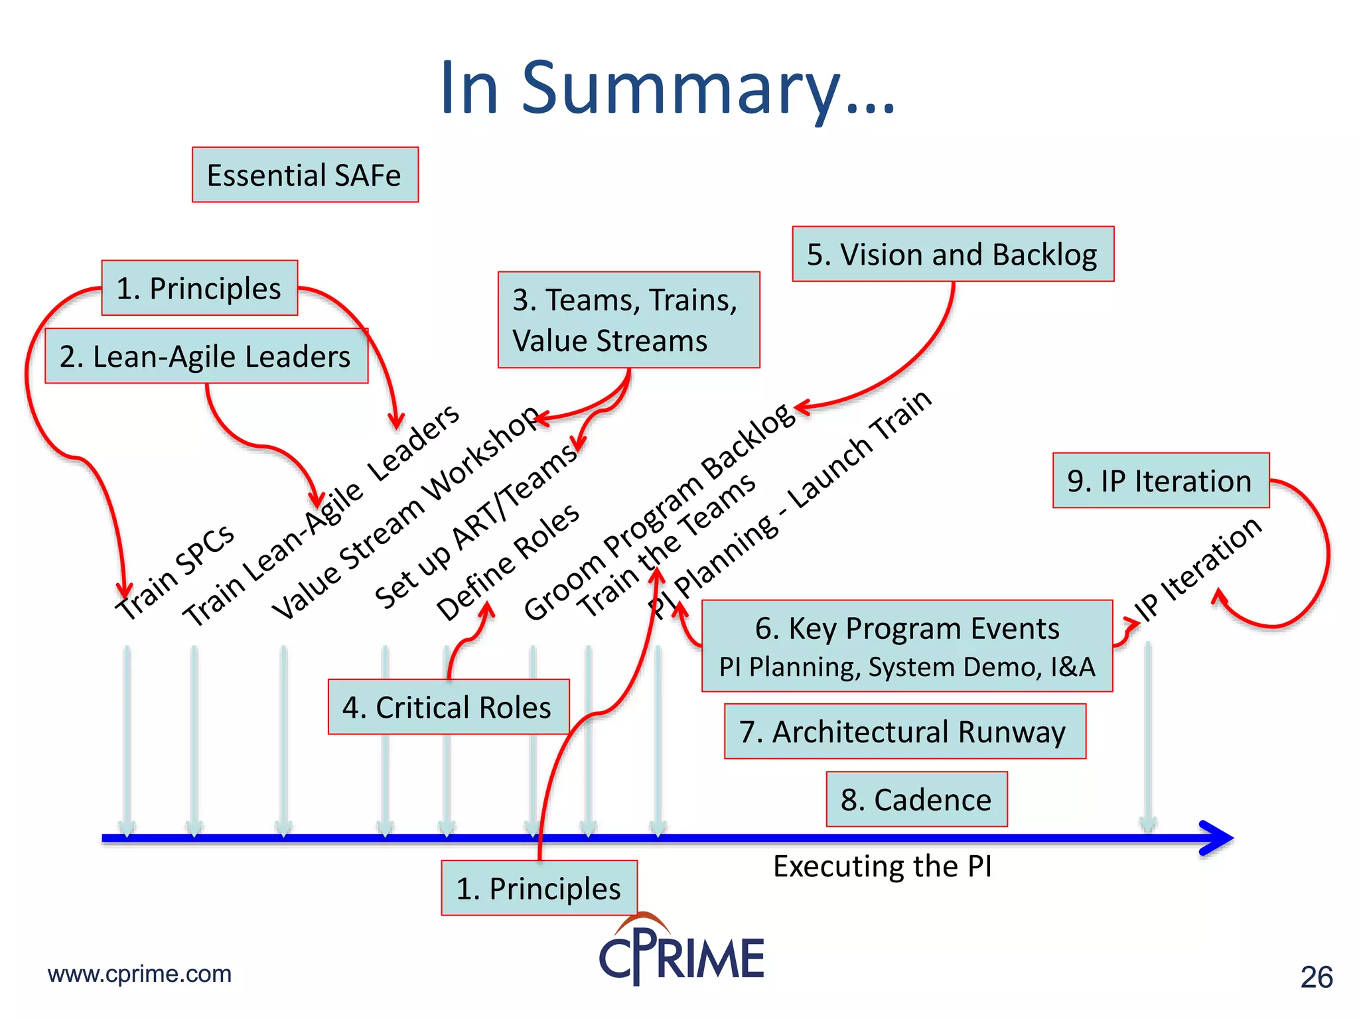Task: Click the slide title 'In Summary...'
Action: pyautogui.click(x=668, y=88)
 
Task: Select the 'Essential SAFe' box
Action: pyautogui.click(x=305, y=175)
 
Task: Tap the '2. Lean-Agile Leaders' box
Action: pyautogui.click(x=206, y=356)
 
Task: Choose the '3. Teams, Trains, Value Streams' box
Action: pyautogui.click(x=628, y=320)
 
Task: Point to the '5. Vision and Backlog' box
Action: pyautogui.click(x=952, y=255)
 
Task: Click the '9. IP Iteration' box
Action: pyautogui.click(x=1160, y=481)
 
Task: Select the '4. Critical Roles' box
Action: pyautogui.click(x=448, y=707)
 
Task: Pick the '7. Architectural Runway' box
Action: pyautogui.click(x=904, y=732)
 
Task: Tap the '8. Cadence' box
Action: pyautogui.click(x=916, y=799)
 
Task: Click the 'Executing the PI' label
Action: pyautogui.click(x=883, y=866)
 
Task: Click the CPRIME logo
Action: pyautogui.click(x=682, y=952)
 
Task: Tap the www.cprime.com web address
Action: pyautogui.click(x=139, y=974)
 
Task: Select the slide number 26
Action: pyautogui.click(x=1317, y=977)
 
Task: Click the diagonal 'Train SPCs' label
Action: pyautogui.click(x=175, y=572)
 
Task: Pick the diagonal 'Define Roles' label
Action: pyautogui.click(x=508, y=563)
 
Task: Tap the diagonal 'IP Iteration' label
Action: pyautogui.click(x=1198, y=569)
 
